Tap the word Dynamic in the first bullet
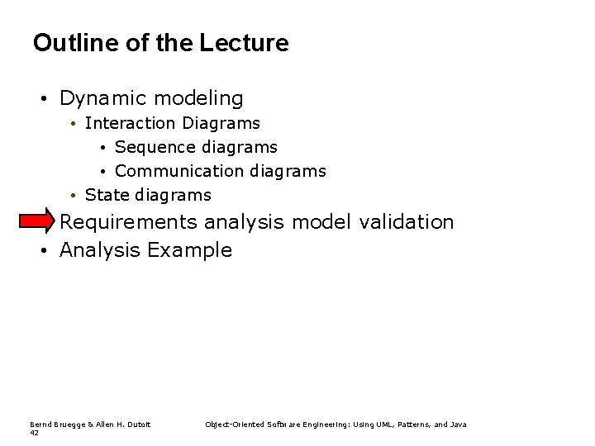click(100, 99)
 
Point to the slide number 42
click(34, 432)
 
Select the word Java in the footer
click(458, 425)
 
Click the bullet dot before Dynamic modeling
click(42, 100)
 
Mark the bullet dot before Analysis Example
click(42, 250)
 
